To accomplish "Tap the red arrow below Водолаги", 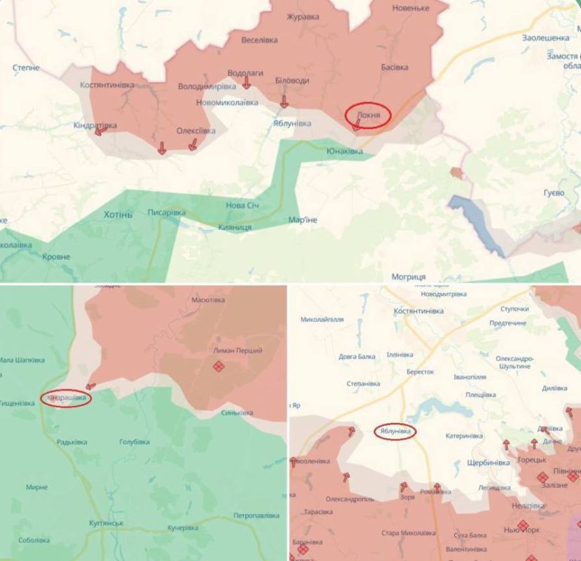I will (247, 83).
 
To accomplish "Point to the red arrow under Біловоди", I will (284, 102).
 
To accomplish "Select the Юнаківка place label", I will (345, 151).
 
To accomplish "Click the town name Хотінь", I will (117, 214).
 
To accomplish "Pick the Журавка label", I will (300, 16).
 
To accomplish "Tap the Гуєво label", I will (553, 192).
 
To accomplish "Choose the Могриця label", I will (408, 276).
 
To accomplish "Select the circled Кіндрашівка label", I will (67, 398).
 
